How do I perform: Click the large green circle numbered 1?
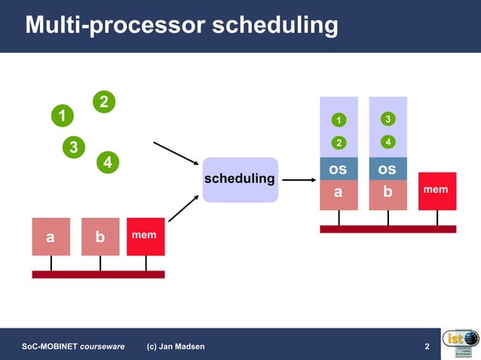click(x=63, y=116)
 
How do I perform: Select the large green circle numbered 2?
click(x=104, y=102)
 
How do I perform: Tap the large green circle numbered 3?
click(x=73, y=147)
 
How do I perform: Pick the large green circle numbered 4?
click(x=108, y=162)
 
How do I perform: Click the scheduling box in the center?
click(x=240, y=179)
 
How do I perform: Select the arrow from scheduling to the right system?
click(x=298, y=180)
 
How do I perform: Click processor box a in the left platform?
click(x=51, y=236)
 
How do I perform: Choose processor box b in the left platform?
click(x=100, y=236)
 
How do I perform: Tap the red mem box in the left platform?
click(x=146, y=236)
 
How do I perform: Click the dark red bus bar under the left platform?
click(x=98, y=275)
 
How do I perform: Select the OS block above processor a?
click(x=339, y=169)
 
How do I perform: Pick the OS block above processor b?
click(x=388, y=169)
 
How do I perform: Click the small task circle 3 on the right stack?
click(x=388, y=119)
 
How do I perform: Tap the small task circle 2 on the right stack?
click(x=339, y=143)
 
